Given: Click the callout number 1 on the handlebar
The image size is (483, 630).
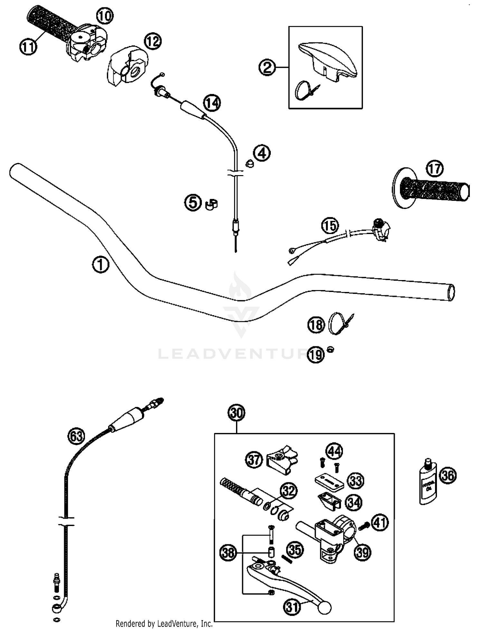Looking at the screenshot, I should [x=100, y=265].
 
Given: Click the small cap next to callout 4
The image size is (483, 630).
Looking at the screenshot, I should [x=250, y=164].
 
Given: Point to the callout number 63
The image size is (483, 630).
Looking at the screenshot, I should [x=76, y=436].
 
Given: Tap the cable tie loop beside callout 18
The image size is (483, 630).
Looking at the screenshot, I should [x=336, y=324].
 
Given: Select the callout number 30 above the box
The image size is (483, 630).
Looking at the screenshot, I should [x=237, y=413].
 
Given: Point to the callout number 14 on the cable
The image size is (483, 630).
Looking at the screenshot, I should [x=212, y=103].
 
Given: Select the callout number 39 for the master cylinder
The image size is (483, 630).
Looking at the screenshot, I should [x=363, y=552].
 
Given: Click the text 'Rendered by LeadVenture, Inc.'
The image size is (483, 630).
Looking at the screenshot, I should [x=164, y=624].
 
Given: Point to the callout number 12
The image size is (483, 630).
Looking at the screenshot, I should [x=153, y=41].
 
